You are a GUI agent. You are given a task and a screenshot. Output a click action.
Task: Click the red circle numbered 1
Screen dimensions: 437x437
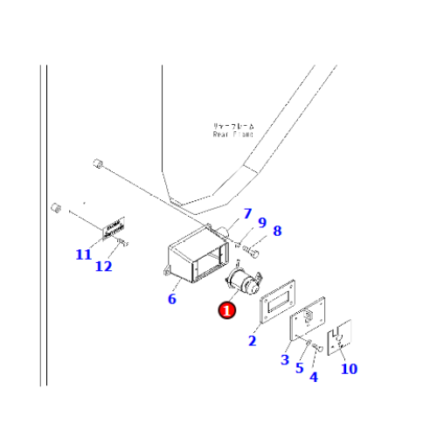[227, 309]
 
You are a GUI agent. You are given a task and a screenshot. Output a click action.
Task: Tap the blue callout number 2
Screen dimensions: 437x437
[253, 341]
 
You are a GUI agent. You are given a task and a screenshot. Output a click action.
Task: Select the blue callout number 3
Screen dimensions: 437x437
[284, 359]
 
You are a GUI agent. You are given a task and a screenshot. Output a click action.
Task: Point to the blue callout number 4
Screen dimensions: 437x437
[314, 377]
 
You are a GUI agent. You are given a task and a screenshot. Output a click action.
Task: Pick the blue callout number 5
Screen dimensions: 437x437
[299, 368]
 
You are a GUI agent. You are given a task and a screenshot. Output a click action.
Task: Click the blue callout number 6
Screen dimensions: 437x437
[172, 299]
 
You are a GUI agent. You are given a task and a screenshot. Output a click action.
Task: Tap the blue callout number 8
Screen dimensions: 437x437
[277, 231]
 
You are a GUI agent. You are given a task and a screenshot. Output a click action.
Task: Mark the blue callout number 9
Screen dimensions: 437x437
[261, 223]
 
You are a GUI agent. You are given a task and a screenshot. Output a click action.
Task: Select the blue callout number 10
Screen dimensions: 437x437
[349, 368]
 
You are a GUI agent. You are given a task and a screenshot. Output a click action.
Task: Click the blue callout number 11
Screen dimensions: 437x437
[83, 254]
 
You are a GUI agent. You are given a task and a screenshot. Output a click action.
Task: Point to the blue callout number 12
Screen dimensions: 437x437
[104, 266]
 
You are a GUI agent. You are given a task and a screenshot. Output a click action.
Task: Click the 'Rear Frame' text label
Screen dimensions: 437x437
[232, 131]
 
